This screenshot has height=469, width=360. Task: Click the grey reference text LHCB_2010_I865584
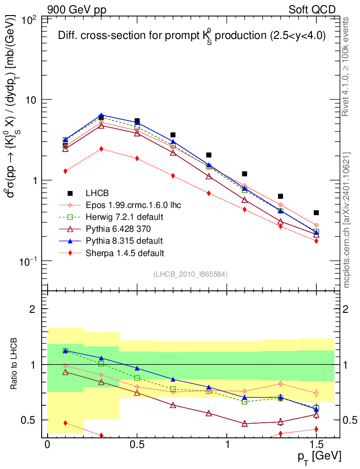point(191,274)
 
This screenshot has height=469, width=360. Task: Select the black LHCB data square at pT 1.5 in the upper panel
point(316,213)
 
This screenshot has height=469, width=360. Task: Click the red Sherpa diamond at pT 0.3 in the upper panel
point(101,149)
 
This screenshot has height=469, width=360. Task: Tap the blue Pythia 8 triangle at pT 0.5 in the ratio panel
point(137,368)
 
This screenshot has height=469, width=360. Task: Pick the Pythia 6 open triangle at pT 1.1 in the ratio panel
point(245,424)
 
